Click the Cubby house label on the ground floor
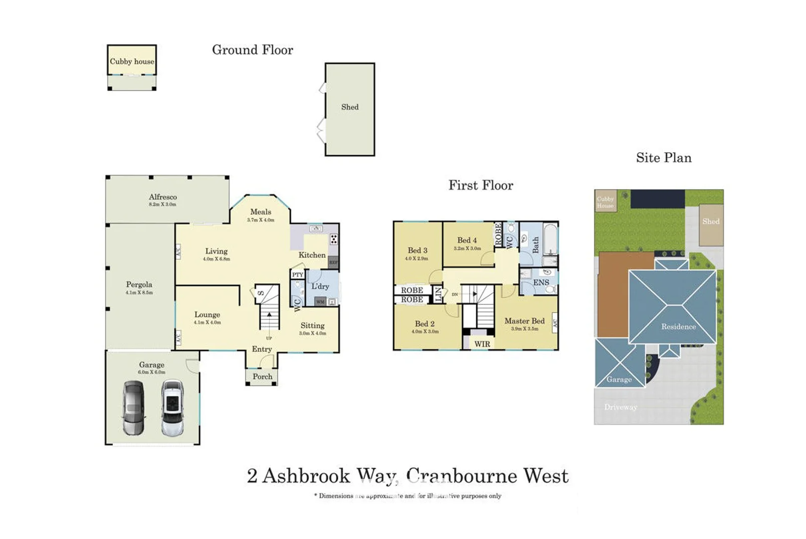[132, 61]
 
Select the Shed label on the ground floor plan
[350, 107]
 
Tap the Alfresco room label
[163, 197]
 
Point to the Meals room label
[260, 212]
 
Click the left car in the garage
[134, 408]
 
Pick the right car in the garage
[172, 408]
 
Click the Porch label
[262, 377]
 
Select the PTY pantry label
[297, 275]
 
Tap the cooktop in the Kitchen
[333, 239]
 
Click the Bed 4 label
[467, 240]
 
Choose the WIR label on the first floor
[482, 344]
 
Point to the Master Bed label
[524, 321]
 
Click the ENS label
[541, 282]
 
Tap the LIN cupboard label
[438, 294]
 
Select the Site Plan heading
[663, 158]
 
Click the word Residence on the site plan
[678, 326]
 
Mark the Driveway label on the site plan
[620, 407]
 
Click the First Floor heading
[480, 185]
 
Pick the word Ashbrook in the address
[306, 476]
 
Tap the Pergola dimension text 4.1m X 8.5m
[139, 292]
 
